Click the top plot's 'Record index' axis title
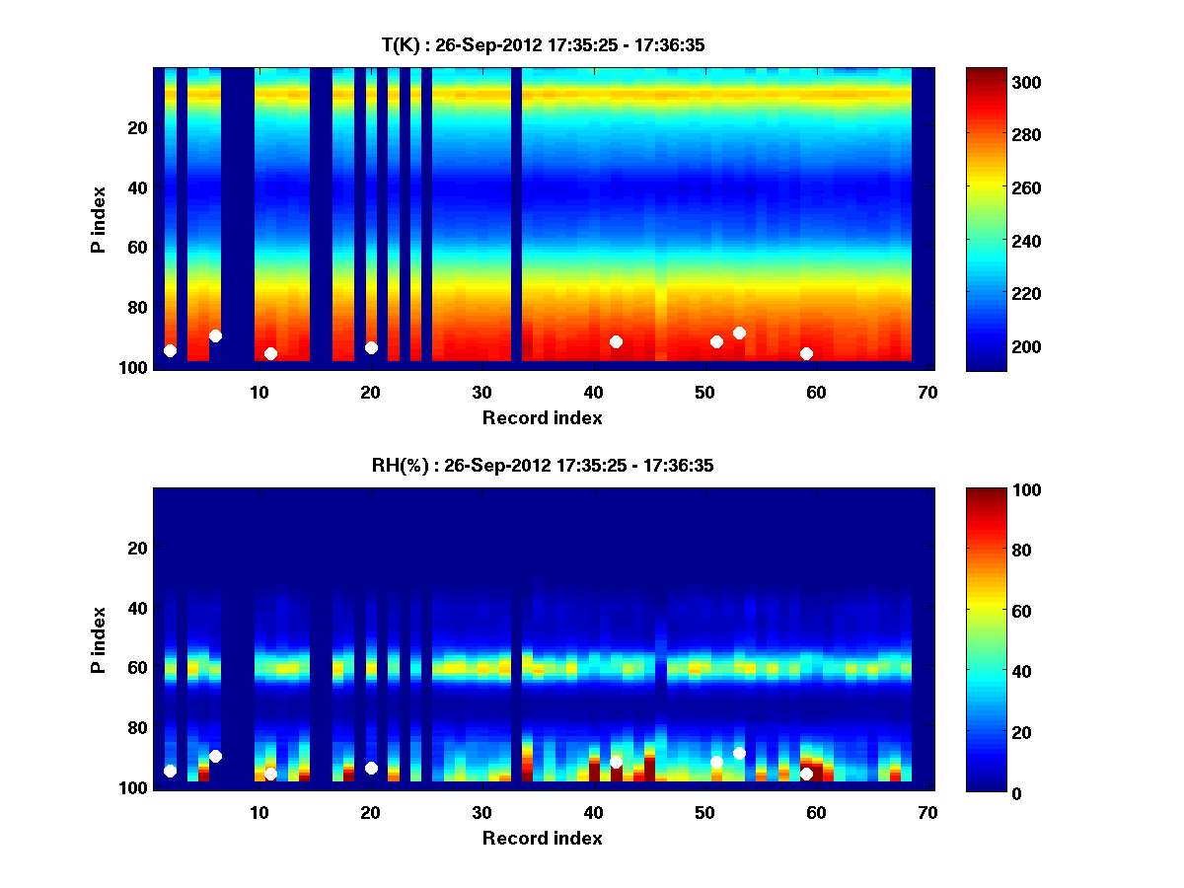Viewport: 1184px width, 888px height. coord(542,417)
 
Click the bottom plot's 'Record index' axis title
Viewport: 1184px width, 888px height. coord(542,838)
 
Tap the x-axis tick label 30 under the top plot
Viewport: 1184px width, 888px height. coord(481,391)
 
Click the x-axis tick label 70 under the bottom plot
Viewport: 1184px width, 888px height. coord(927,812)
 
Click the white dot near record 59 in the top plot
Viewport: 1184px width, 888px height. coord(806,353)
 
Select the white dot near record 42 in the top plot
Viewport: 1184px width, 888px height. coord(616,341)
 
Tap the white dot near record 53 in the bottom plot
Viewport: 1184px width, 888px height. coord(739,754)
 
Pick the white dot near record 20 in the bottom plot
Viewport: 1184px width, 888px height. coord(371,768)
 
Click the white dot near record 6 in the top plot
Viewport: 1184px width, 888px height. coord(215,335)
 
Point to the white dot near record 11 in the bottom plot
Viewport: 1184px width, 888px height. coord(270,774)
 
